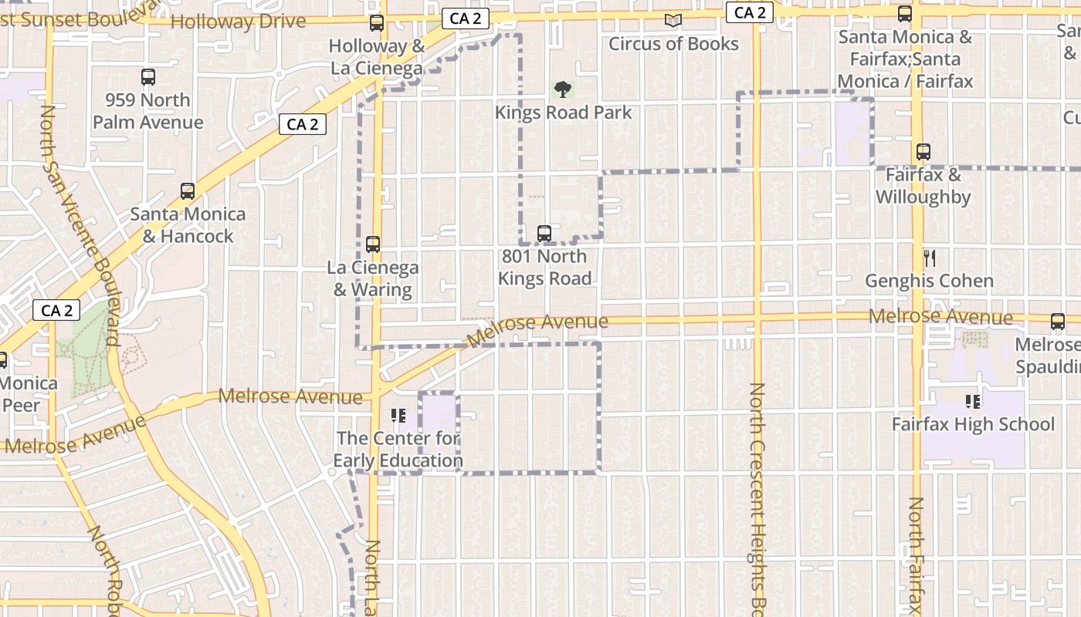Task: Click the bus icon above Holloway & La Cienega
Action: pyautogui.click(x=376, y=23)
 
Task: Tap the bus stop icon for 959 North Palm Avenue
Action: pyautogui.click(x=148, y=77)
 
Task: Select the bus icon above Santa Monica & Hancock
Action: pyautogui.click(x=187, y=191)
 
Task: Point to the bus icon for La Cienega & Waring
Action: pyautogui.click(x=373, y=244)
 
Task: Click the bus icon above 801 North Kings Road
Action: pyautogui.click(x=544, y=233)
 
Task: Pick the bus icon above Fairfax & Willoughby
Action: pyautogui.click(x=923, y=152)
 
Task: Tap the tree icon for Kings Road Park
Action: pyautogui.click(x=563, y=89)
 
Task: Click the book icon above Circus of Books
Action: pyautogui.click(x=673, y=21)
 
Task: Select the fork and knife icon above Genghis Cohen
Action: pyautogui.click(x=930, y=258)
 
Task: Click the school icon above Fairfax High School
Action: pyautogui.click(x=973, y=402)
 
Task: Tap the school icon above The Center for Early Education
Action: pyautogui.click(x=398, y=416)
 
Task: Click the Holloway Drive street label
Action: pyautogui.click(x=238, y=21)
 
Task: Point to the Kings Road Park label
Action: pyautogui.click(x=563, y=113)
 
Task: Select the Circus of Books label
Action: pyautogui.click(x=673, y=44)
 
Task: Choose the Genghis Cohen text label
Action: pyautogui.click(x=929, y=281)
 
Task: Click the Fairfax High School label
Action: pyautogui.click(x=973, y=424)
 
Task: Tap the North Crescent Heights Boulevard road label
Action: pyautogui.click(x=757, y=494)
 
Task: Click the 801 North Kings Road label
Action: pyautogui.click(x=544, y=267)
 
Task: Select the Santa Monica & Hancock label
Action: pyautogui.click(x=188, y=224)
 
